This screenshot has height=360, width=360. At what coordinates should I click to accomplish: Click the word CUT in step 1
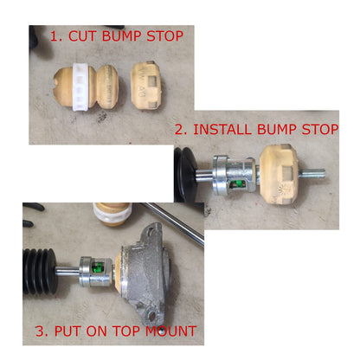pos(82,35)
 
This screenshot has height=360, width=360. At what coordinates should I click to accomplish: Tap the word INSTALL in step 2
pos(222,129)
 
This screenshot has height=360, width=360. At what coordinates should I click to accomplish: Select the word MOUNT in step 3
pos(170,331)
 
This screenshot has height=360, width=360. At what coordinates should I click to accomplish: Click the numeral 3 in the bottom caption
pos(40,331)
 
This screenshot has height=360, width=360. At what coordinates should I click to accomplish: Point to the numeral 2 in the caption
pos(179,130)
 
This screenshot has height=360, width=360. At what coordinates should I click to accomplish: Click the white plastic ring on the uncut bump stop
pos(80,87)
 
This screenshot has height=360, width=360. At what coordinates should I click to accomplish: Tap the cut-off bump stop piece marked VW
pos(146,86)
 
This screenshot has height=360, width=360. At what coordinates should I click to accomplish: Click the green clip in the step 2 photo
pos(238,184)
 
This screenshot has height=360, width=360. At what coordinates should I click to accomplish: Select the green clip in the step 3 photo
pos(100,267)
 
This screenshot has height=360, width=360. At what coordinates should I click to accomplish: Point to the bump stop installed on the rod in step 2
pos(280,174)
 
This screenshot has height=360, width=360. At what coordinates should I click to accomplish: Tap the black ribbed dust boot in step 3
pos(40,272)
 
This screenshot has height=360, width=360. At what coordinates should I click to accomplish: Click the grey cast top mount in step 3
pos(145,274)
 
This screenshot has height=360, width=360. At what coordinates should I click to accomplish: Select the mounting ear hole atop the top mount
pos(151,229)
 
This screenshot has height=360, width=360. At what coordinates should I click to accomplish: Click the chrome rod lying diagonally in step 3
pos(172,222)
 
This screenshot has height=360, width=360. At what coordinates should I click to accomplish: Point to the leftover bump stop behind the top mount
pos(112,214)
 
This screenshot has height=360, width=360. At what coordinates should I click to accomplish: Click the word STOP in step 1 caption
pos(164,35)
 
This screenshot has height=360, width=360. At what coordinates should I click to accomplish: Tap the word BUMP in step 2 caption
pos(277,129)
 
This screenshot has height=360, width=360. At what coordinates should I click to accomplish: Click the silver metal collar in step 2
pos(235,176)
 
